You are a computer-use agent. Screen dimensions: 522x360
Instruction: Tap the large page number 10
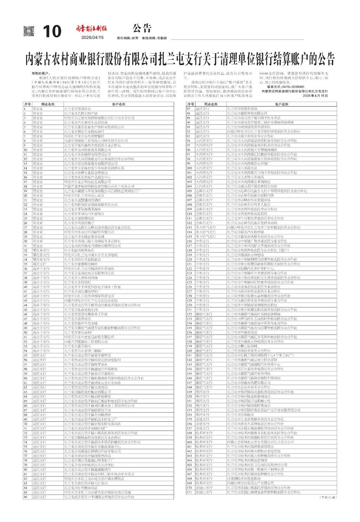[x=52, y=32]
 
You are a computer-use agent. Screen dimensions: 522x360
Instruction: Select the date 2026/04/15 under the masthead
[x=92, y=37]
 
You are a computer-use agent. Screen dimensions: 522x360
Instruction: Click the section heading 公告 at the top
[x=142, y=28]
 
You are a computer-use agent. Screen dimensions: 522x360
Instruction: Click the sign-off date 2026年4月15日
[x=315, y=96]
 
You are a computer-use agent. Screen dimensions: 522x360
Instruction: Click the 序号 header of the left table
[x=27, y=104]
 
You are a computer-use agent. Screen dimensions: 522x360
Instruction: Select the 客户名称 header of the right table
[x=282, y=104]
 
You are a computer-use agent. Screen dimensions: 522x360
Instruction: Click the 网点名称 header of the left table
[x=48, y=104]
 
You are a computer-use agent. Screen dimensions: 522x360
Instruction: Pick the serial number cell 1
[x=25, y=109]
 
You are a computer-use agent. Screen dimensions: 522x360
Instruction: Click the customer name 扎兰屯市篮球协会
[x=78, y=109]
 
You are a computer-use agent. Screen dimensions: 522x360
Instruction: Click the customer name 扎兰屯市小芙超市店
[x=242, y=168]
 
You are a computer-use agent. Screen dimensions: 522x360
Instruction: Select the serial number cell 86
[x=26, y=497]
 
